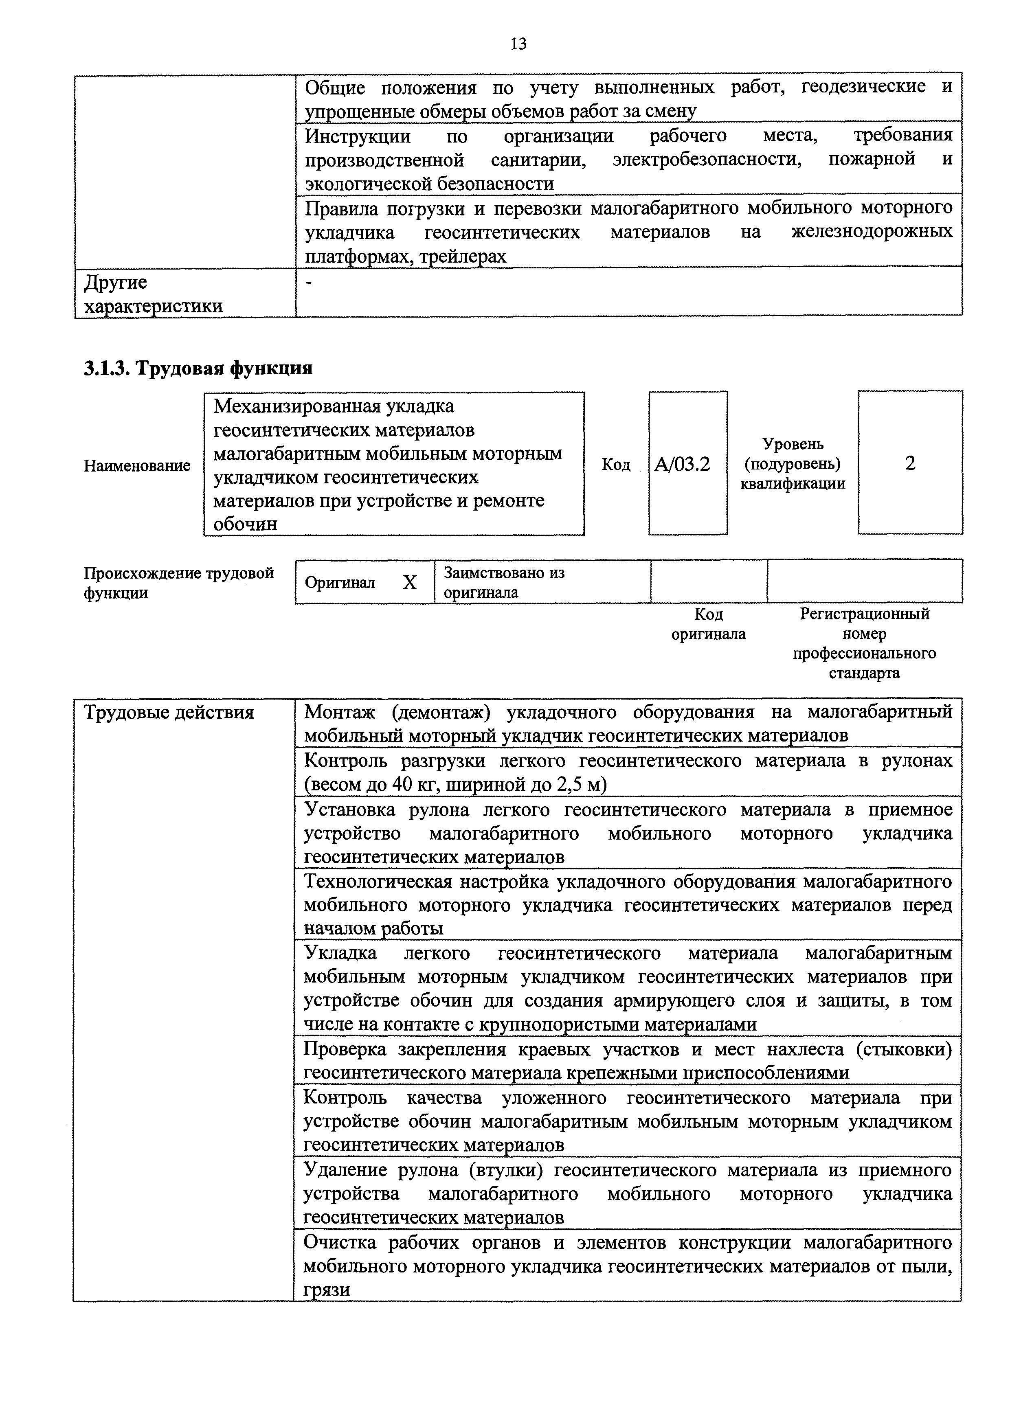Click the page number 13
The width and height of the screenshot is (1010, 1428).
[518, 44]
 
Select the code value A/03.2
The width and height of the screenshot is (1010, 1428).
[682, 464]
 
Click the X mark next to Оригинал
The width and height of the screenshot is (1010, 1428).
[409, 583]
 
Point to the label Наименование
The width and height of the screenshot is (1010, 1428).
[137, 465]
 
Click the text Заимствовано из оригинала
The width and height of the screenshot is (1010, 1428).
[504, 582]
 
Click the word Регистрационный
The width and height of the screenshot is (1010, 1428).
[865, 614]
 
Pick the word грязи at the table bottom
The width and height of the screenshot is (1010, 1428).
[327, 1290]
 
